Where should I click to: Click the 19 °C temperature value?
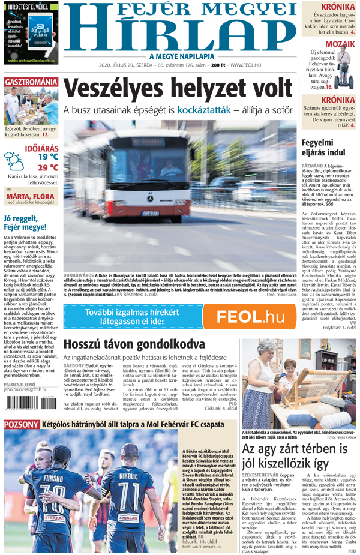coord(48,157)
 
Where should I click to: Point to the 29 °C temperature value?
coord(48,167)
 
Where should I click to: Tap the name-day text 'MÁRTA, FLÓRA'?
coord(32,196)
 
